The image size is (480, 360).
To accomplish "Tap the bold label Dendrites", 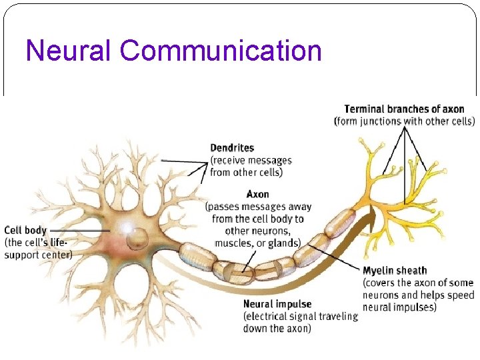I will pyautogui.click(x=232, y=147).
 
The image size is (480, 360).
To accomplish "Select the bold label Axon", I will pyautogui.click(x=258, y=194).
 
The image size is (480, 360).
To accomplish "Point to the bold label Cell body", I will pyautogui.click(x=25, y=231).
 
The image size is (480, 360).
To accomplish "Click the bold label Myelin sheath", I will pyautogui.click(x=395, y=271).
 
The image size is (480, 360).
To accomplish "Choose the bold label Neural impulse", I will pyautogui.click(x=277, y=304).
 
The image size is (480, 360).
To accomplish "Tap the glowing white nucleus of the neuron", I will pyautogui.click(x=126, y=229).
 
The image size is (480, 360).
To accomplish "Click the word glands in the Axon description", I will pyautogui.click(x=285, y=243).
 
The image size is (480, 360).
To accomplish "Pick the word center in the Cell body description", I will pyautogui.click(x=58, y=254).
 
